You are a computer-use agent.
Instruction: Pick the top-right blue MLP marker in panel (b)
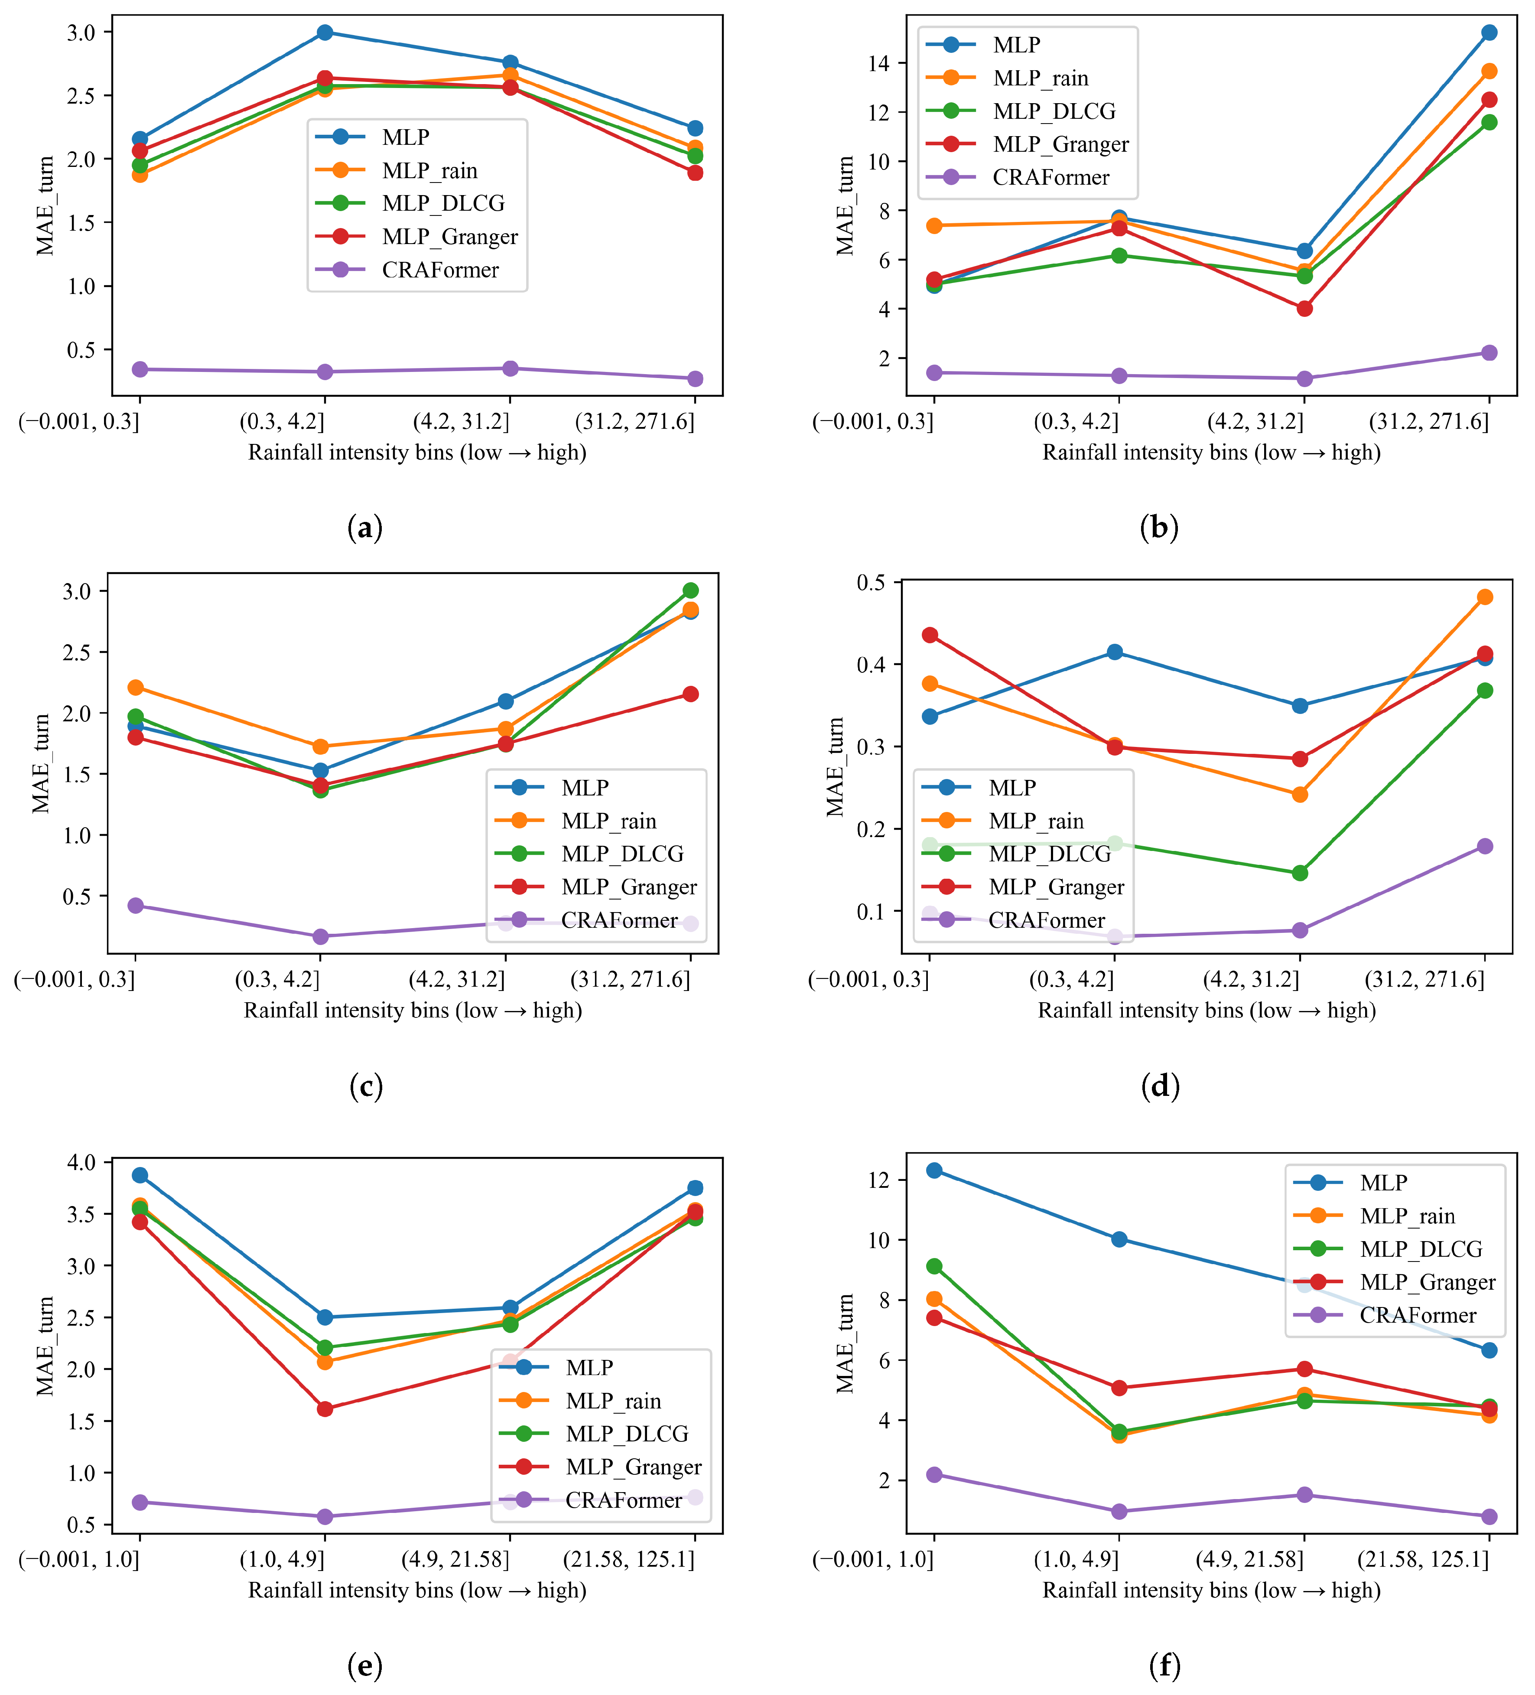point(1489,33)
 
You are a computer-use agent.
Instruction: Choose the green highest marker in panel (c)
point(690,590)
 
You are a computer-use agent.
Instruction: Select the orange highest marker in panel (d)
point(1485,597)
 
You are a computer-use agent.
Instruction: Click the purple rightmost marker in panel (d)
point(1485,846)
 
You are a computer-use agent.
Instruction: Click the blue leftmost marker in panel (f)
point(934,1170)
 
